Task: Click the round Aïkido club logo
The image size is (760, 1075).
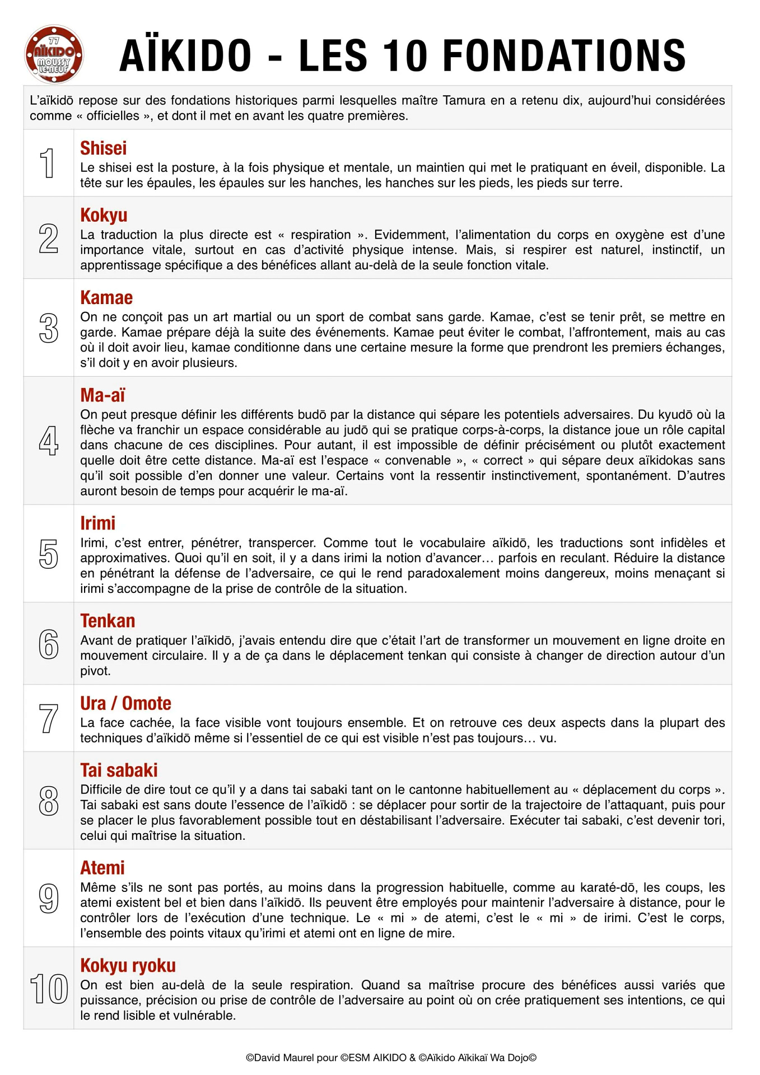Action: click(x=54, y=55)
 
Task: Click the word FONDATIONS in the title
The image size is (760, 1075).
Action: click(x=564, y=56)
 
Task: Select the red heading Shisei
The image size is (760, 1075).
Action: click(x=103, y=148)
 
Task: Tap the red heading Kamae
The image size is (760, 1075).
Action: click(x=106, y=297)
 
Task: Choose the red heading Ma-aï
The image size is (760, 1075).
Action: click(x=102, y=395)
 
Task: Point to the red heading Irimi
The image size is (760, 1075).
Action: click(x=97, y=523)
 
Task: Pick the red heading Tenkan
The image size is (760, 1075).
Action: click(x=108, y=621)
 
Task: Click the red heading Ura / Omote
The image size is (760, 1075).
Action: click(x=125, y=703)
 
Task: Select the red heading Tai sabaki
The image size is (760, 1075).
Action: click(x=119, y=770)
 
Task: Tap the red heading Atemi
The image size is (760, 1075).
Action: click(x=102, y=868)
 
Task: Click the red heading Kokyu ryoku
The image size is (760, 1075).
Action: click(x=128, y=966)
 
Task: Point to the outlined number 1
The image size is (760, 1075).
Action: click(x=49, y=163)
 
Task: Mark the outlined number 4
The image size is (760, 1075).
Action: click(x=49, y=441)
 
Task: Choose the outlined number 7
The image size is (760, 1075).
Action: click(x=49, y=718)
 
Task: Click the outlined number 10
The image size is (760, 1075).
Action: click(x=49, y=989)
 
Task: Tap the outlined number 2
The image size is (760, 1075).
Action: click(x=49, y=238)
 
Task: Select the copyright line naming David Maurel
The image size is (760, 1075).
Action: click(x=391, y=1058)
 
